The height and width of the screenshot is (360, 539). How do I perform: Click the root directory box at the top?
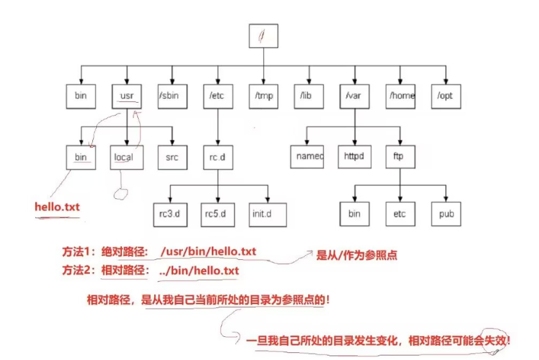pyautogui.click(x=264, y=36)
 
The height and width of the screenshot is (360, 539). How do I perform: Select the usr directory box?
pyautogui.click(x=126, y=96)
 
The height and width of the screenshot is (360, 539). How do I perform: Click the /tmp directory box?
pyautogui.click(x=264, y=96)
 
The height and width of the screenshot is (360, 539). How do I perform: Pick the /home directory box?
pyautogui.click(x=401, y=96)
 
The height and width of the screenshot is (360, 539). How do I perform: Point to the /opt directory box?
pyautogui.click(x=446, y=96)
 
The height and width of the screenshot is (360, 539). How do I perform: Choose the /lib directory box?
pyautogui.click(x=309, y=96)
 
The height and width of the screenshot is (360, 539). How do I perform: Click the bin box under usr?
pyautogui.click(x=81, y=156)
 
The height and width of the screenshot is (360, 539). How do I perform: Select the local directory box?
pyautogui.click(x=126, y=156)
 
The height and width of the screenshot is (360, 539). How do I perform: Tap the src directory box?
pyautogui.click(x=172, y=156)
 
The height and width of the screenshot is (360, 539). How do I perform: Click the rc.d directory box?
pyautogui.click(x=218, y=156)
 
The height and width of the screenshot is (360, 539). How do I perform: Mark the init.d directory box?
pyautogui.click(x=264, y=214)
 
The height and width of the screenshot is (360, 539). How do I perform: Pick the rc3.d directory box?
pyautogui.click(x=172, y=214)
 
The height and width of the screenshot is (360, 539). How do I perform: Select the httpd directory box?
pyautogui.click(x=354, y=156)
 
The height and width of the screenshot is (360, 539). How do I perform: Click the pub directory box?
pyautogui.click(x=446, y=214)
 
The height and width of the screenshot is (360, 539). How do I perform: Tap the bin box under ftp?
pyautogui.click(x=354, y=214)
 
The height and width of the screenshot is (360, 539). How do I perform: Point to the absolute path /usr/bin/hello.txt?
pyautogui.click(x=209, y=252)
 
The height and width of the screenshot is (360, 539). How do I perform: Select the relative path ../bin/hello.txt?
pyautogui.click(x=200, y=271)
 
